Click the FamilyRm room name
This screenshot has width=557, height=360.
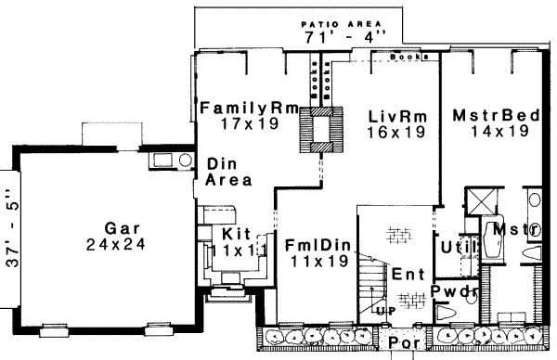pyautogui.click(x=247, y=109)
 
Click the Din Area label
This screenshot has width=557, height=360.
pyautogui.click(x=223, y=173)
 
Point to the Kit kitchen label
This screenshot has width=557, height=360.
pyautogui.click(x=231, y=234)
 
